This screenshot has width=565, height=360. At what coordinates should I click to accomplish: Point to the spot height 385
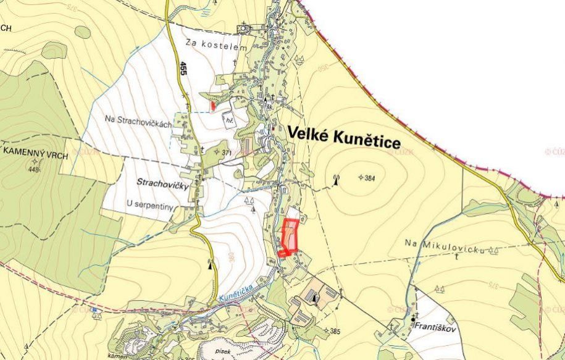coord(334,332)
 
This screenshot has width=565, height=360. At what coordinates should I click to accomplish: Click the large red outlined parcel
coord(289,237)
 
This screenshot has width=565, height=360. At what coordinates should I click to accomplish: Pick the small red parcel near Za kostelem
coord(213,106)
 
